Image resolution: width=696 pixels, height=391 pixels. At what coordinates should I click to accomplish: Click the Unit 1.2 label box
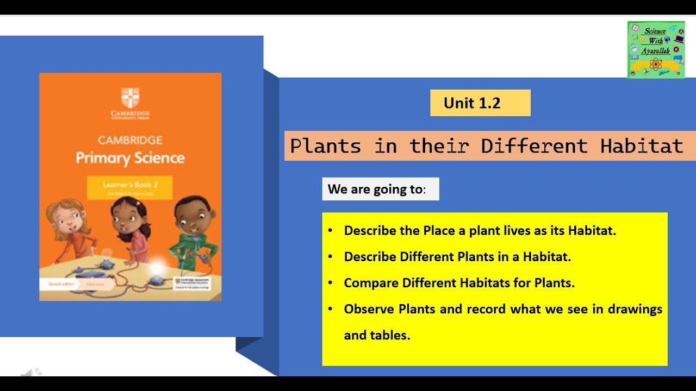pos(480,103)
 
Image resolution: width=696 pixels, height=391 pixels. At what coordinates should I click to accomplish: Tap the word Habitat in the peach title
pos(642,146)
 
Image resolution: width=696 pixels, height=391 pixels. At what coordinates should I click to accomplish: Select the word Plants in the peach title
pos(325,146)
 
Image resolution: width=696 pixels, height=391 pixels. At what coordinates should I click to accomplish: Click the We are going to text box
pos(380,189)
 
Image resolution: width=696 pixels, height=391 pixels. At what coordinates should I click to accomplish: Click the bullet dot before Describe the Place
pos(331,230)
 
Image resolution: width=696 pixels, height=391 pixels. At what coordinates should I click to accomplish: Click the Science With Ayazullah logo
pos(656,50)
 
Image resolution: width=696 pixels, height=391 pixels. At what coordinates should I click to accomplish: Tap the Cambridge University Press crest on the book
pos(130,98)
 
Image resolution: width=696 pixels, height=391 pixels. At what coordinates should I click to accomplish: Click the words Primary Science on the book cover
pos(130,158)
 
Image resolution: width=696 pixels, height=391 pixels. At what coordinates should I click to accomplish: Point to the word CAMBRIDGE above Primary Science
pos(130,140)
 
